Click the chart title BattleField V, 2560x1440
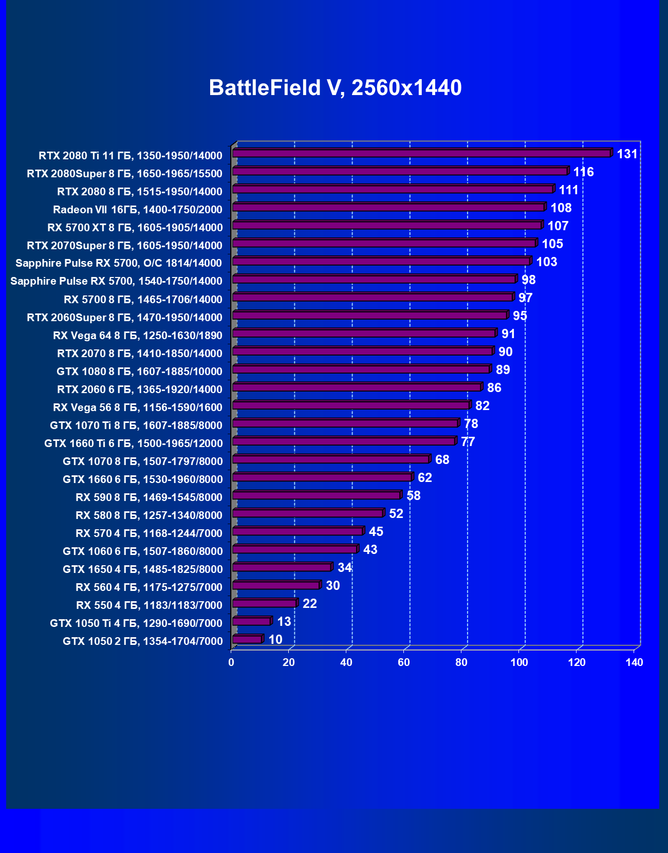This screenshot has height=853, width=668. click(x=335, y=88)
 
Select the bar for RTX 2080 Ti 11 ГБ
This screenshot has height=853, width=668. click(x=421, y=153)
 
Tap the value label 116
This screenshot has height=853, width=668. click(x=584, y=172)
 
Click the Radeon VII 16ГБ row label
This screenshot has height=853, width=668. click(x=138, y=210)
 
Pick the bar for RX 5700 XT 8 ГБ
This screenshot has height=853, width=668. click(x=387, y=225)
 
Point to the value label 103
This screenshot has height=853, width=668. click(x=547, y=262)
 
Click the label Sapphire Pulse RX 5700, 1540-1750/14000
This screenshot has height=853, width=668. click(x=116, y=281)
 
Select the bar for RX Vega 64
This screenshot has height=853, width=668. click(x=364, y=333)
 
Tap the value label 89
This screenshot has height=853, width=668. click(x=503, y=370)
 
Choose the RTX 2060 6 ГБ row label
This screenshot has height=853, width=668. click(x=140, y=390)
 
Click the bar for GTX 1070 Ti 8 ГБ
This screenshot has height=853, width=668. click(x=345, y=423)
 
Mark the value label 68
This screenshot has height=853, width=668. click(x=442, y=460)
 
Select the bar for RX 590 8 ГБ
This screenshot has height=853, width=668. click(x=316, y=495)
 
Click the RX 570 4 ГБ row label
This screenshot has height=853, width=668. click(x=149, y=533)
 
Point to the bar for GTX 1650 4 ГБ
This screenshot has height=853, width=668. click(x=282, y=567)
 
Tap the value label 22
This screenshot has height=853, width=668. click(x=310, y=604)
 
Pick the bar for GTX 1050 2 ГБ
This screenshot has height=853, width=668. click(x=247, y=639)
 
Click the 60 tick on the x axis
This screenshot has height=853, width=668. click(x=404, y=662)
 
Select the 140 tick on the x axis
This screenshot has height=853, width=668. click(x=634, y=662)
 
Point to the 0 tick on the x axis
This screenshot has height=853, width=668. click(x=231, y=662)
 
